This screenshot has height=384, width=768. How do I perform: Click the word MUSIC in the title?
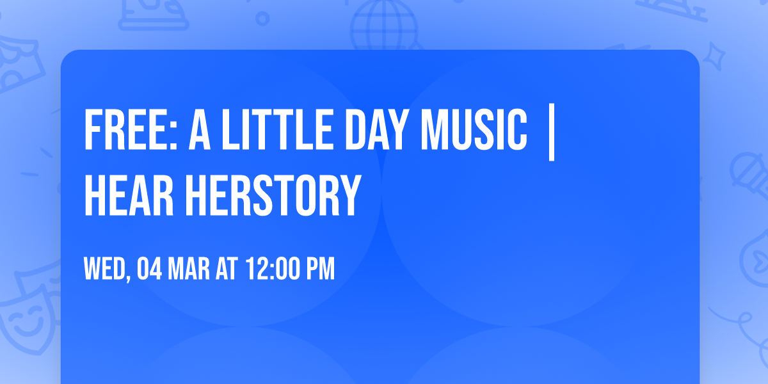click(473, 130)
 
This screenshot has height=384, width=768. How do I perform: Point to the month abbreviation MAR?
click(191, 269)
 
